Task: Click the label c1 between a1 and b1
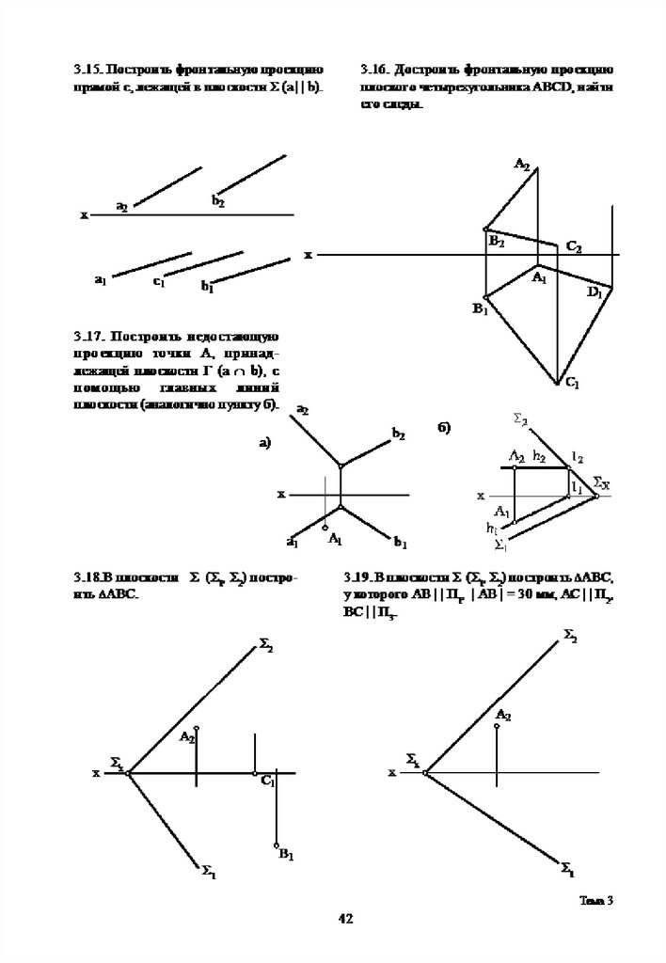click(x=159, y=280)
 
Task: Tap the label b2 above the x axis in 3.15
click(x=217, y=201)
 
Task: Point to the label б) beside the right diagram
click(x=444, y=428)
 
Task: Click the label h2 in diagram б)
click(x=540, y=455)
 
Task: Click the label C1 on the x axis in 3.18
click(x=267, y=781)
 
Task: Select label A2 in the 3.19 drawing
click(x=503, y=715)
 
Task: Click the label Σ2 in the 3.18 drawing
click(x=266, y=645)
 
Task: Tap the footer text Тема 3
click(x=595, y=900)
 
